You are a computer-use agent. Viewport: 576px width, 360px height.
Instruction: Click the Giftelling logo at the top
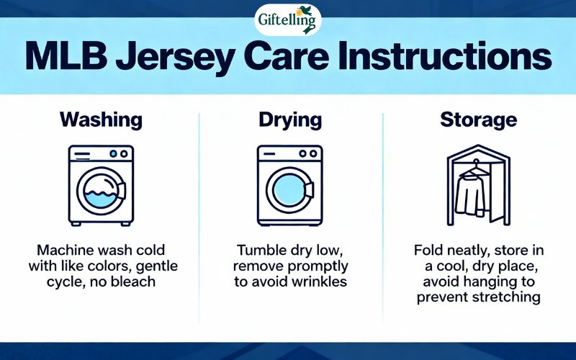[x=287, y=19]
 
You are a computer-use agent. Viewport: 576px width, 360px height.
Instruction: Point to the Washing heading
[x=101, y=120]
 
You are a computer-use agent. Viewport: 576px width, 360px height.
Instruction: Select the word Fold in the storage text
[x=429, y=251]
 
